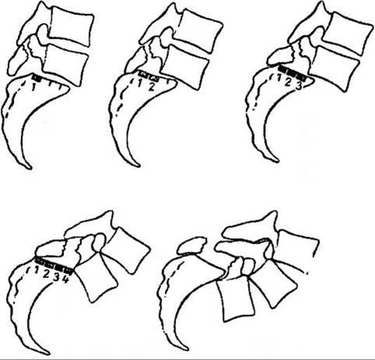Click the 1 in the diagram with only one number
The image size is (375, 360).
coord(34,88)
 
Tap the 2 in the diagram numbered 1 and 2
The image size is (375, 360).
coord(151,87)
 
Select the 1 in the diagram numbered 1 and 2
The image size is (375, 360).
coord(140,83)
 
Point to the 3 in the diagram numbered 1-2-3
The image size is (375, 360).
coord(298,86)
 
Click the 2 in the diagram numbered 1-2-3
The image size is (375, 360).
coord(288,82)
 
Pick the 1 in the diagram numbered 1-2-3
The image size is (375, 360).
coord(279,77)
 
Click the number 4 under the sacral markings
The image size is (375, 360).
coord(65,279)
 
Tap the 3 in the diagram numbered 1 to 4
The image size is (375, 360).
coord(56,276)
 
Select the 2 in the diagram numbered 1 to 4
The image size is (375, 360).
coord(46,274)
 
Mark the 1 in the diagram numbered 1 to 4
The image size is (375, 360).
coord(37,270)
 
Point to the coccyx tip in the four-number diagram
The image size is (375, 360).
coord(47,352)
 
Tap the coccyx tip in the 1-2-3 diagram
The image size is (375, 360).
coord(276,160)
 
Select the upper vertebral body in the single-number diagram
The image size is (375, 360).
coord(71,25)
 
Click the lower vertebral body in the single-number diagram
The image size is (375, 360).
coord(65,65)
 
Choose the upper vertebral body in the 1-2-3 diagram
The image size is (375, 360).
coord(347,33)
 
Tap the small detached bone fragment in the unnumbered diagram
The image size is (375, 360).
coord(192,245)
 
